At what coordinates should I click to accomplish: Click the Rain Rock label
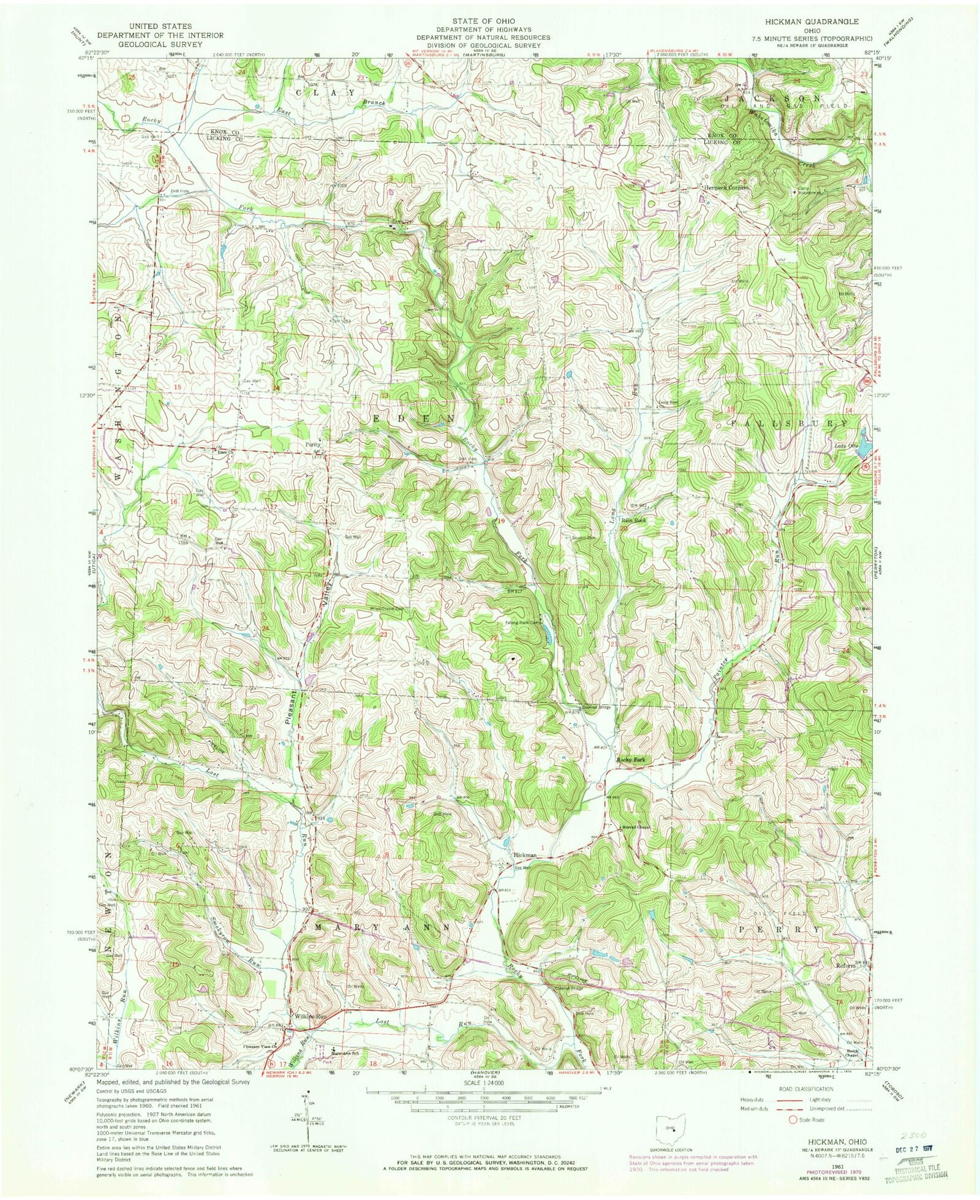click(x=634, y=520)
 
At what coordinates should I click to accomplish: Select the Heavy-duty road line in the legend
click(x=777, y=1100)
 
